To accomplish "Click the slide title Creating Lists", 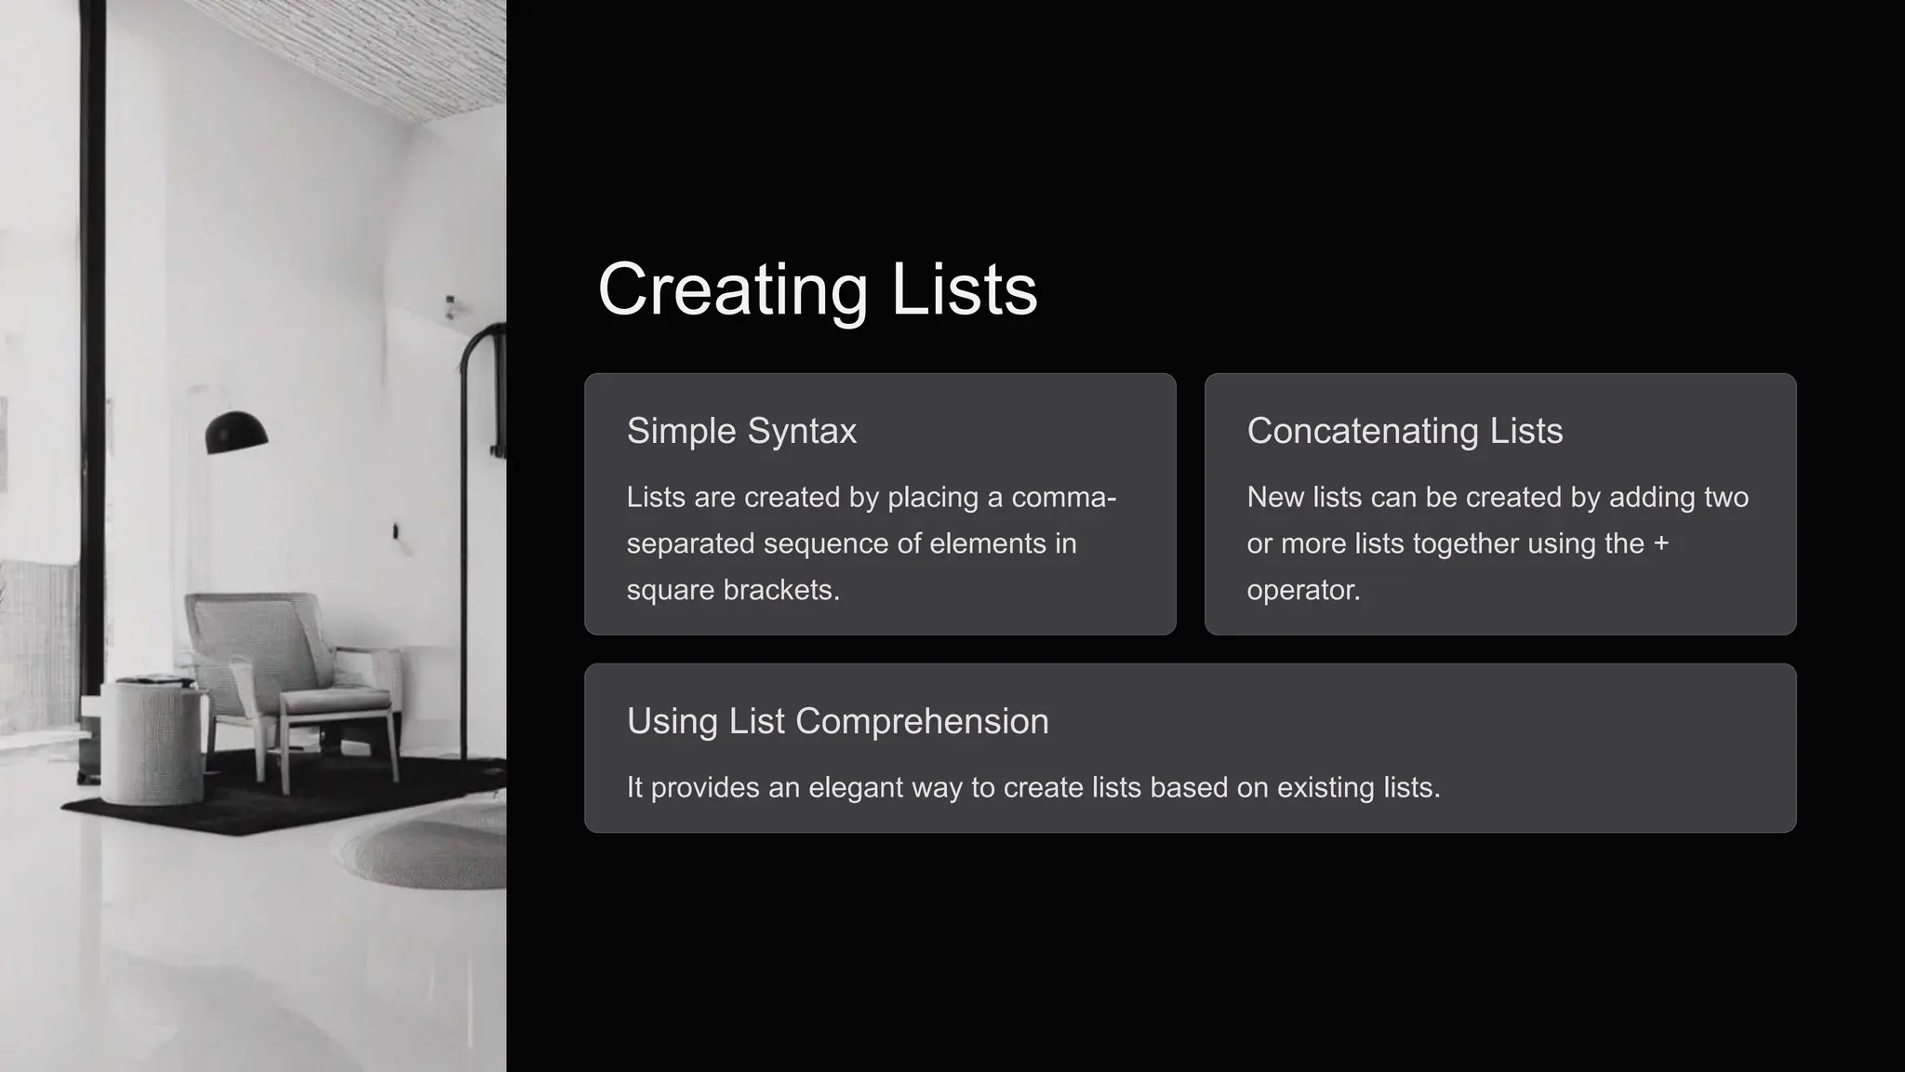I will pyautogui.click(x=817, y=289).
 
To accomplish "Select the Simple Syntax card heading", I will pyautogui.click(x=741, y=431).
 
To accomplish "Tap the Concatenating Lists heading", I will pyautogui.click(x=1404, y=431).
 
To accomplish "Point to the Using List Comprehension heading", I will pyautogui.click(x=837, y=721).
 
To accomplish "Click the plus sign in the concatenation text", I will pyautogui.click(x=1660, y=543).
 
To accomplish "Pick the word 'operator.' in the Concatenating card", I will pyautogui.click(x=1303, y=590).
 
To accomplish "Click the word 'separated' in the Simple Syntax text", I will pyautogui.click(x=690, y=543).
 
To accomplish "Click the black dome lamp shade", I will pyautogui.click(x=236, y=434).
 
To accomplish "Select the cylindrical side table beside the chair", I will pyautogui.click(x=151, y=740).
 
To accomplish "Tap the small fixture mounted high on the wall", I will pyautogui.click(x=451, y=306).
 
